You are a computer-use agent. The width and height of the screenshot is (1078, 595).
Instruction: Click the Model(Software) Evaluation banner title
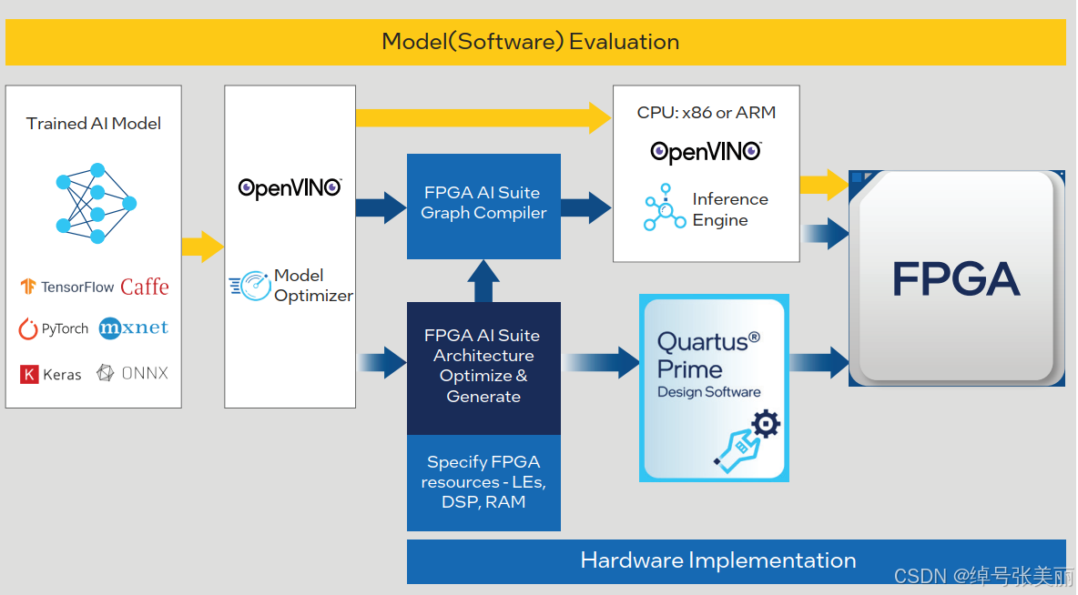(530, 42)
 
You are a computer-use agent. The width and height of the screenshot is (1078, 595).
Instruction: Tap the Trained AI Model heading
(94, 124)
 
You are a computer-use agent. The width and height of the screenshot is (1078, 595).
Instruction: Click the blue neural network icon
(97, 204)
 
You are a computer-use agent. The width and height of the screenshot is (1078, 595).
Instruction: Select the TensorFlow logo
(66, 287)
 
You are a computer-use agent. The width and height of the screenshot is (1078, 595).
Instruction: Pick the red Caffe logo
(145, 287)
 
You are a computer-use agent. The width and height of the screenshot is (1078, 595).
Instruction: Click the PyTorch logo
(54, 329)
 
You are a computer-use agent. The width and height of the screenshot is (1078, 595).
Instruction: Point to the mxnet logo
(133, 328)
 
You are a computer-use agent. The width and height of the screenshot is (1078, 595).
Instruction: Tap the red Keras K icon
(29, 375)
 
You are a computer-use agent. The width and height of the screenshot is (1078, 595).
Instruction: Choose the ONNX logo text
(145, 373)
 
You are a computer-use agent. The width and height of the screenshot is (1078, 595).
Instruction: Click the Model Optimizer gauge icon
(250, 285)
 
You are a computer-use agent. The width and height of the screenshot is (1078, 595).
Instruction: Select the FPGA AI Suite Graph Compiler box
(484, 207)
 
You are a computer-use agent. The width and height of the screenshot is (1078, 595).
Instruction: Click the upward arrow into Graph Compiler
(483, 281)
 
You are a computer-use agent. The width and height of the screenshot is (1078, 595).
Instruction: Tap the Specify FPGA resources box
(484, 482)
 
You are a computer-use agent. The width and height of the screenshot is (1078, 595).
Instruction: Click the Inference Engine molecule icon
(664, 207)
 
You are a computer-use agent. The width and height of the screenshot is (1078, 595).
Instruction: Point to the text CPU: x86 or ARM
(706, 113)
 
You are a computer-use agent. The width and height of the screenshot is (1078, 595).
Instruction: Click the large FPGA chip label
(956, 279)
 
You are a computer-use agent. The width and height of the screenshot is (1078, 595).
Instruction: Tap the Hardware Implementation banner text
(718, 560)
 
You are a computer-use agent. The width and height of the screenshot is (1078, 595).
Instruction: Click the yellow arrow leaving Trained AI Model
(203, 247)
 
